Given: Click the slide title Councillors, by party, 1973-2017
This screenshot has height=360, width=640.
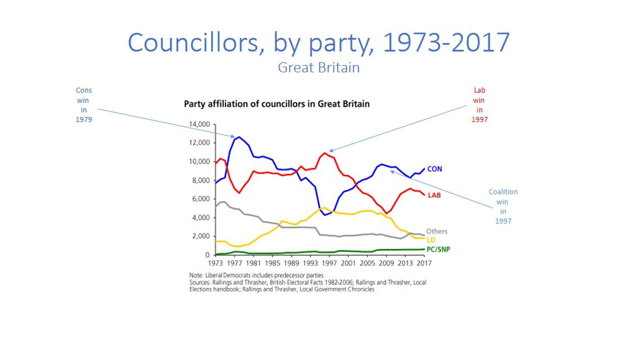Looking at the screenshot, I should [319, 43].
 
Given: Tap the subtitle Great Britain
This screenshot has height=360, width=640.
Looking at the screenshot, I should [319, 67].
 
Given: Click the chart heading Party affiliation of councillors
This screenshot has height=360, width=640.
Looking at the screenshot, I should [277, 104].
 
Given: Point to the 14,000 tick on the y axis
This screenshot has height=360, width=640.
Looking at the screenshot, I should [199, 124].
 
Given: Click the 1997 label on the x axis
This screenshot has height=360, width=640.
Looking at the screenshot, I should [329, 263].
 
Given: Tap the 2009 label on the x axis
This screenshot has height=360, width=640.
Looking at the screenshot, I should [386, 263].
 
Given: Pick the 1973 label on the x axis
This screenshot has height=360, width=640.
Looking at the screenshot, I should [215, 263].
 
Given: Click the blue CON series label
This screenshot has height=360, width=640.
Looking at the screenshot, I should [434, 169].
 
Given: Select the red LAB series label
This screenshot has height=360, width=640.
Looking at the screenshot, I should [434, 195].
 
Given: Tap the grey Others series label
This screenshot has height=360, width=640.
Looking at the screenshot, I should [437, 231].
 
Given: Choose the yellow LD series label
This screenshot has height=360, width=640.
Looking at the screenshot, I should [431, 240].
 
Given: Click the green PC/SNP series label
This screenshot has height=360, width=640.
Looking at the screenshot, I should [438, 249].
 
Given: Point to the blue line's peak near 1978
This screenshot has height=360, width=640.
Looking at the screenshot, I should [239, 137].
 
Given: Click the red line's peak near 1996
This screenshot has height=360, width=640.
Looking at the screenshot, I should [325, 153].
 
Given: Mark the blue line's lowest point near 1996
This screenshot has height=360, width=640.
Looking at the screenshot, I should [325, 215].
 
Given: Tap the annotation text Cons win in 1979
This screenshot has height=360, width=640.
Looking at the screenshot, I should [84, 105].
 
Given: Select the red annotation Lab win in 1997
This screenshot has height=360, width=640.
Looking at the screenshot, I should [479, 105].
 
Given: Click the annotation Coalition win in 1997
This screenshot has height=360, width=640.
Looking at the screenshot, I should [503, 206].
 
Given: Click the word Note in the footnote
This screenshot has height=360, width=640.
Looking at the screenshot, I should [196, 275].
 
